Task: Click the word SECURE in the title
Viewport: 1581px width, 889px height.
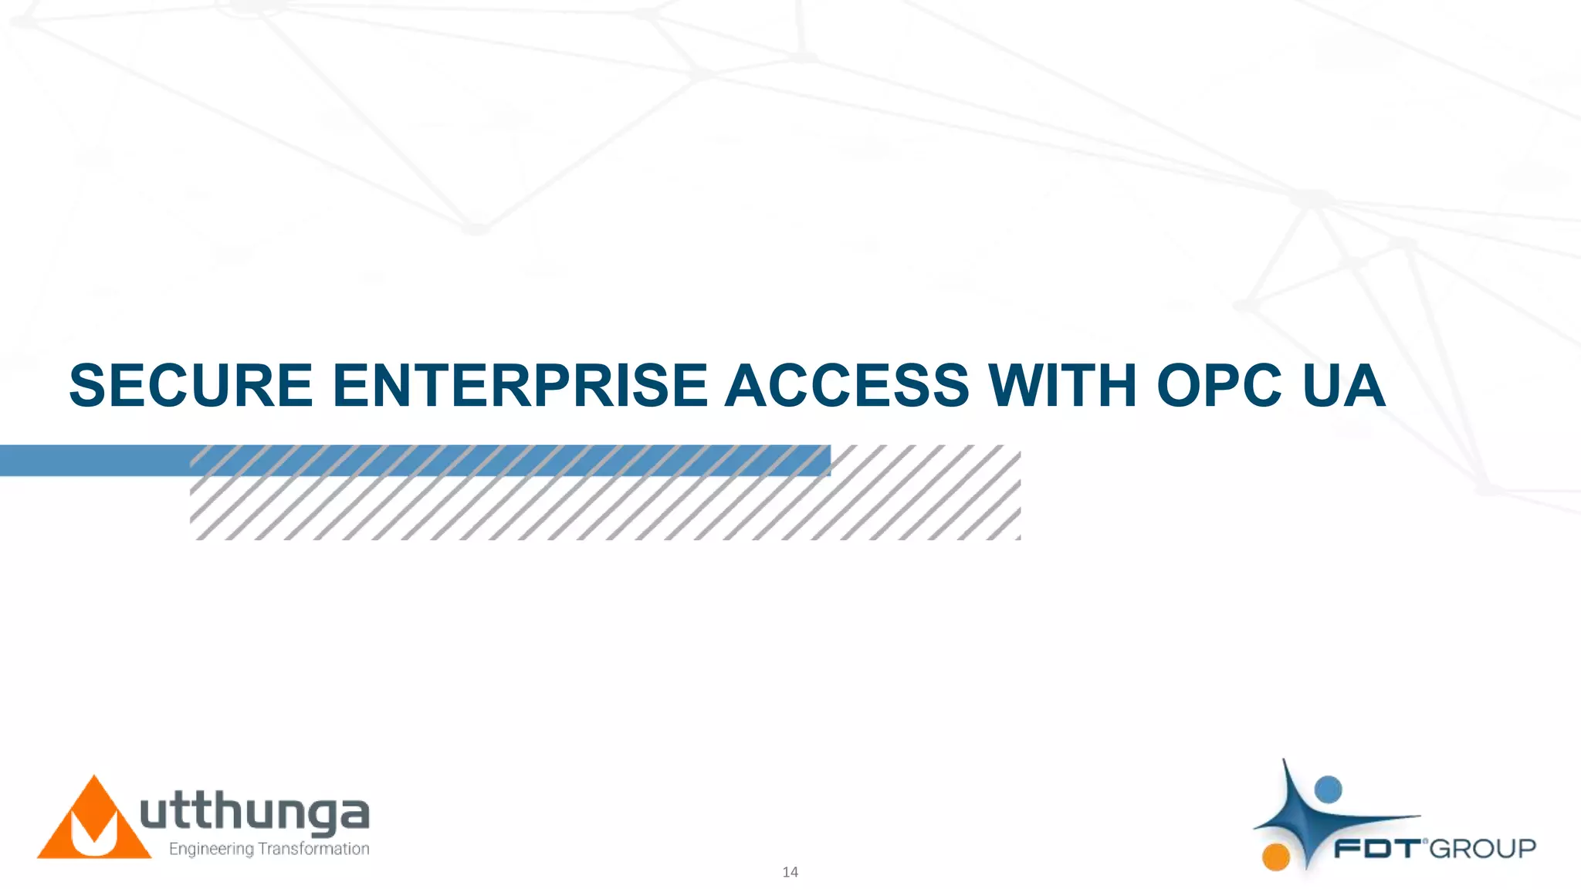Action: point(191,386)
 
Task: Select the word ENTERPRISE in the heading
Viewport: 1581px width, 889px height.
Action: point(520,386)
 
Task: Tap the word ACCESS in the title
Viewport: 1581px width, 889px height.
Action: point(847,386)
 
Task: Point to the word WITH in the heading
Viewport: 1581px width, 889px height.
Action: point(1062,386)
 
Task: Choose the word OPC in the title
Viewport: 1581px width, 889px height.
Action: point(1219,386)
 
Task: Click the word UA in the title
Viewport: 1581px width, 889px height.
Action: point(1343,386)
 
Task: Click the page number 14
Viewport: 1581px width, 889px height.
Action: point(790,872)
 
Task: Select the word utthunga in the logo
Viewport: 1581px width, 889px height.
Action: point(255,813)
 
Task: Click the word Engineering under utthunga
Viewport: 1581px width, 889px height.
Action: point(211,849)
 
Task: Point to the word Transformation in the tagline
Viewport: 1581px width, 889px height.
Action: point(313,849)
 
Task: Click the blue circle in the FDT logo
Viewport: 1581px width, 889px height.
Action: point(1328,789)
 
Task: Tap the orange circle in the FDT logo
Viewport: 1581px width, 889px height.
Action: point(1276,857)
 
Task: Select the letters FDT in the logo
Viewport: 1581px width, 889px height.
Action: point(1377,849)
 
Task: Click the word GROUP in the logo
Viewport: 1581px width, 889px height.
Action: point(1483,849)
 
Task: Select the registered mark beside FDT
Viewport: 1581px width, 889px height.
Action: point(1425,840)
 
